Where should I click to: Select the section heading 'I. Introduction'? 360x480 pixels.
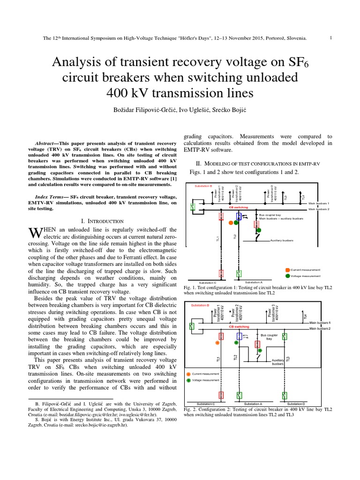tap(101, 221)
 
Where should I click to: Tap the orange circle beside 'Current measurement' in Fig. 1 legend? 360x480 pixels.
tap(287, 270)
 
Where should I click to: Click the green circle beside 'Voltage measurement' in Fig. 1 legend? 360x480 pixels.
tap(287, 276)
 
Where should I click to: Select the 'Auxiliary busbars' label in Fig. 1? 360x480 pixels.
tap(282, 240)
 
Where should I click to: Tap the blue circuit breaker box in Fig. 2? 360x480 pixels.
tap(239, 336)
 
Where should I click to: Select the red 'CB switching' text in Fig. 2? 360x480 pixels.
tap(239, 326)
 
